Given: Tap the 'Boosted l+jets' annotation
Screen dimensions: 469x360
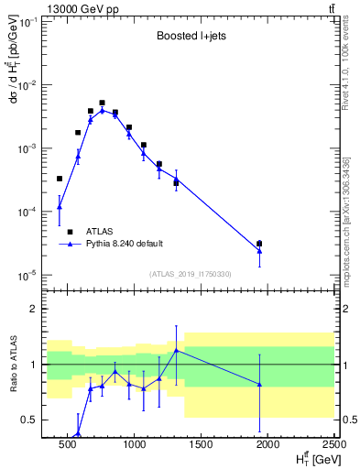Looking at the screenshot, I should [191, 38].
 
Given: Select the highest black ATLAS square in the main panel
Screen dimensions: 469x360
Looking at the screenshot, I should [102, 103].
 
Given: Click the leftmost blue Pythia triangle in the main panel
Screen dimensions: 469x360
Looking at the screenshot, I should [60, 207].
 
